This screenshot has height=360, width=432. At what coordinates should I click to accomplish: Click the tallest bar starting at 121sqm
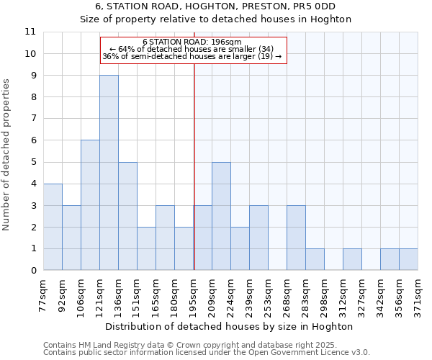coord(109,173)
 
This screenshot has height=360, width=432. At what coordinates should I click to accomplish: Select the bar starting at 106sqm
coord(90,205)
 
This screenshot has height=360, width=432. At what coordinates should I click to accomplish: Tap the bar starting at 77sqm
coord(53,227)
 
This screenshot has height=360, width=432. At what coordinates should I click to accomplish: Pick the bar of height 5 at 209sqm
coord(221,216)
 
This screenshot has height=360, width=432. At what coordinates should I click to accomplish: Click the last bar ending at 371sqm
coord(408,259)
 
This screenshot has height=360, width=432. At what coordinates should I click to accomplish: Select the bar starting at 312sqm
coord(352,259)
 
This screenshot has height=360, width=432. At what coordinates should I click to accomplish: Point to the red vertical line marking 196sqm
coord(194,166)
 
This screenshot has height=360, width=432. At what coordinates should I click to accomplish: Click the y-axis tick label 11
coord(30,32)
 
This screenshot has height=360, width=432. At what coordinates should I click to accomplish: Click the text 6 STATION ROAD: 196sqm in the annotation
coord(192,42)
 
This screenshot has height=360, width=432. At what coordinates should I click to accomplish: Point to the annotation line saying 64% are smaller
coord(192,49)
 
